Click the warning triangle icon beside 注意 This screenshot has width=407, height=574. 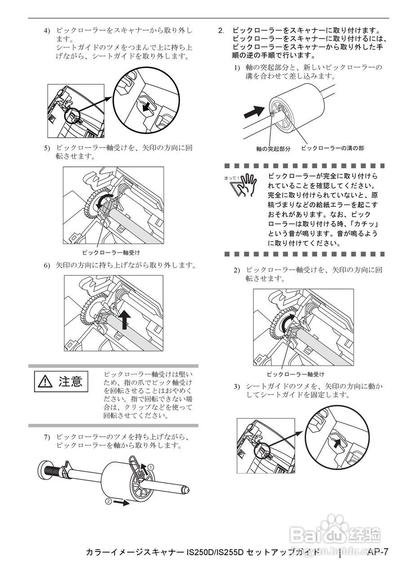[45, 382]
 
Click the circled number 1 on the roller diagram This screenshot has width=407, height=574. [151, 467]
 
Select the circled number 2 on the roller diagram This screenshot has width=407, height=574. [108, 501]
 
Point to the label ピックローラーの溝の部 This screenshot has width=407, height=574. [332, 148]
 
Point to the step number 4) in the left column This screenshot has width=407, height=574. [47, 31]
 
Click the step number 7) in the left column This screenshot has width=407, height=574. [47, 437]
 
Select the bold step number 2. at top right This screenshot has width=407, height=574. [221, 31]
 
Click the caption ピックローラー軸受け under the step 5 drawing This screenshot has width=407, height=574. [111, 252]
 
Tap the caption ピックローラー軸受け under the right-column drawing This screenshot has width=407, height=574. [295, 374]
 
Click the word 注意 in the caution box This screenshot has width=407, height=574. [70, 382]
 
